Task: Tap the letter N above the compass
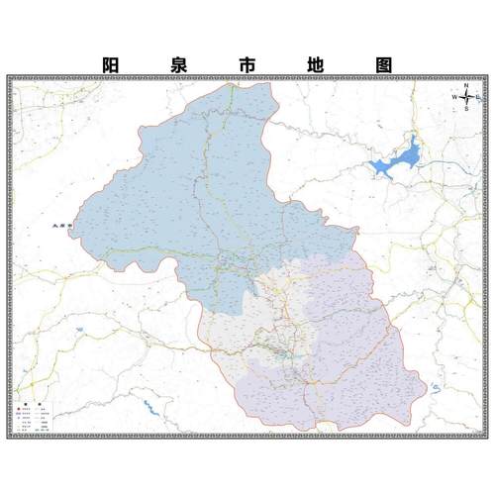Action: pyautogui.click(x=466, y=85)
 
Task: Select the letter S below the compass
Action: pyautogui.click(x=466, y=110)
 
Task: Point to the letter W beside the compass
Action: pyautogui.click(x=454, y=97)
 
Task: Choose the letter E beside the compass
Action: pyautogui.click(x=478, y=97)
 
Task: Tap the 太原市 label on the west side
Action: pyautogui.click(x=62, y=227)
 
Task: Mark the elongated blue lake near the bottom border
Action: pyautogui.click(x=150, y=406)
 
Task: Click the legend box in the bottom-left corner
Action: pyautogui.click(x=35, y=417)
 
